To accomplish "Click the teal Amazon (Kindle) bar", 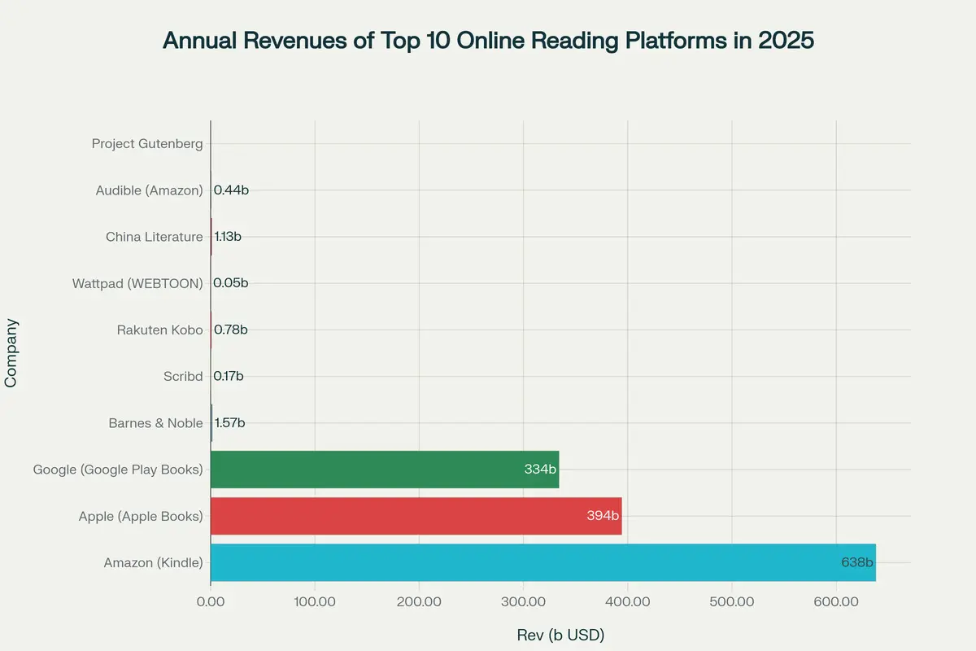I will tap(542, 562).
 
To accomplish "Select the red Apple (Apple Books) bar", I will tap(416, 516).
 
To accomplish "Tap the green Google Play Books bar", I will tap(385, 470).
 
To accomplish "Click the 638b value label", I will tap(857, 562).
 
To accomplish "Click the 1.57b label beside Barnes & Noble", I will tap(229, 423).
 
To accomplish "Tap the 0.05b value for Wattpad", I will tap(230, 283).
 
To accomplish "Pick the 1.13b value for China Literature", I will tap(228, 237).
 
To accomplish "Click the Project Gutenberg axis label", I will tap(147, 144).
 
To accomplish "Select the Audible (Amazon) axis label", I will tap(149, 190).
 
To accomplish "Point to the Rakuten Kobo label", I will tap(159, 330).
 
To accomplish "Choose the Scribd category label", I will tap(183, 376).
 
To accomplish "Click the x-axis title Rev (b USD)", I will tap(560, 635).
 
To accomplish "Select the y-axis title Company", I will tap(11, 352).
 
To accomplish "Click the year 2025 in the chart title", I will tap(785, 41).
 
